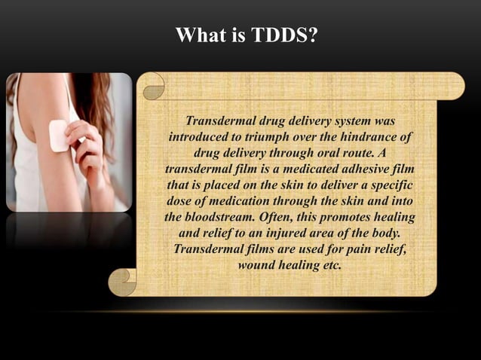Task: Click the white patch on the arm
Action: click(59, 136)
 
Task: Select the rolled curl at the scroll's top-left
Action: click(154, 86)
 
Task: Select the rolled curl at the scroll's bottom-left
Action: click(122, 282)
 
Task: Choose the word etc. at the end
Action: click(332, 265)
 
